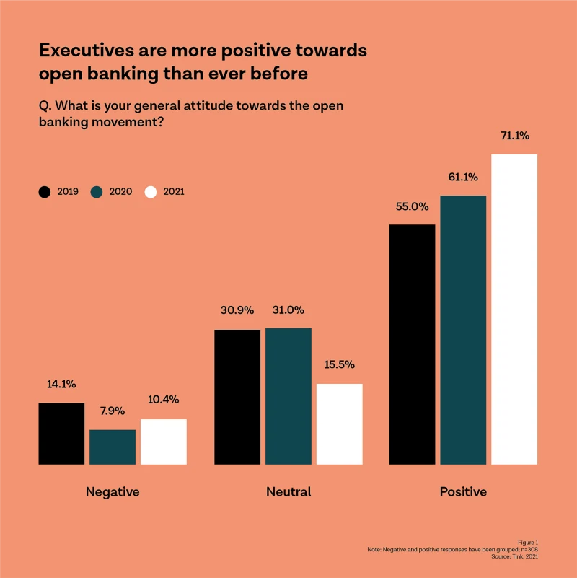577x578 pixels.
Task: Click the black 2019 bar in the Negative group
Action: pos(61,433)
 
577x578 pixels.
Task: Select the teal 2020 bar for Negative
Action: pos(113,447)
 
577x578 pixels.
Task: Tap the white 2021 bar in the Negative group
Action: pos(164,442)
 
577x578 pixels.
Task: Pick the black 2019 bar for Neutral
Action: pos(237,397)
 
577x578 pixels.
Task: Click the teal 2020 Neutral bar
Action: pos(288,396)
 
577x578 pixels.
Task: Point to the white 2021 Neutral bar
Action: pos(340,424)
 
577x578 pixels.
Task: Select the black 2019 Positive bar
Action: pos(412,344)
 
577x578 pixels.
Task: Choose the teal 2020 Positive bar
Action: pos(463,330)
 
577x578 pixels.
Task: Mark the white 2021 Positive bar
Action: pos(514,309)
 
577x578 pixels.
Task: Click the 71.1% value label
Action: pos(514,135)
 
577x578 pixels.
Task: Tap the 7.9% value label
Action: pos(113,411)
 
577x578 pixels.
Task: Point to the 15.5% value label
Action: pos(340,364)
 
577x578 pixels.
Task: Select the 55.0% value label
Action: pos(412,206)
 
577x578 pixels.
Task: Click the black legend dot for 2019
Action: pos(45,192)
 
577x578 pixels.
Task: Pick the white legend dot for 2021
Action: pos(151,192)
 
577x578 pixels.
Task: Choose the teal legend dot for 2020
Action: pos(97,192)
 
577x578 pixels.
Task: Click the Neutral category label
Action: pos(288,492)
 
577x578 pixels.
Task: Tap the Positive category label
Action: pos(463,492)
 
